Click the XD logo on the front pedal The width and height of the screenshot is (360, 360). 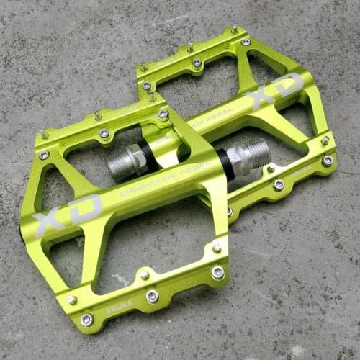point(67,214)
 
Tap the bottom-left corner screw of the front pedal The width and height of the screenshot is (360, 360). point(86,319)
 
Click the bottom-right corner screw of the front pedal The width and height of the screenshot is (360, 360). point(217,272)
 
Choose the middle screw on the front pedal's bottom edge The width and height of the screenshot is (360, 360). point(152,296)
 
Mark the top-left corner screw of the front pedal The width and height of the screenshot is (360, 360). point(44,154)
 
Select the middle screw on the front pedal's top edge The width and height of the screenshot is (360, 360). point(104,133)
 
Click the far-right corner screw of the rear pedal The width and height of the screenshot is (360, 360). point(328,161)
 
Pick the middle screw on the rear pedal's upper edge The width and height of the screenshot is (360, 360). point(197,63)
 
